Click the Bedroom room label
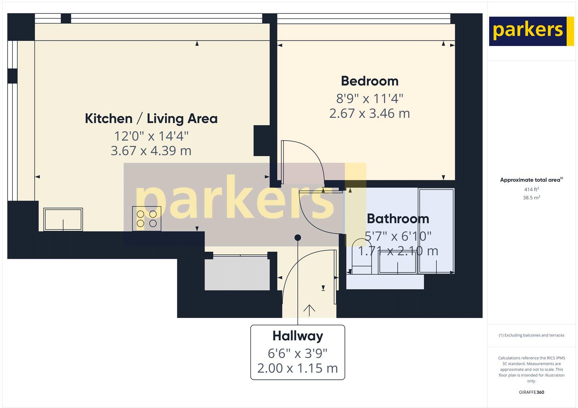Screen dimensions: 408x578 tap(370, 81)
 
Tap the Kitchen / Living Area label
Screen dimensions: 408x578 tap(151, 119)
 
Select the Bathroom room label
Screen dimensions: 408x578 tap(398, 219)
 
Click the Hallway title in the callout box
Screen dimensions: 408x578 tap(298, 336)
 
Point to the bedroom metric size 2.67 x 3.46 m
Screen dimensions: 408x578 tap(370, 114)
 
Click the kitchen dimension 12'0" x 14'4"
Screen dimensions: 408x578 tap(151, 136)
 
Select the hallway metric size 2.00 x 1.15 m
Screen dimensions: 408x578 tap(298, 368)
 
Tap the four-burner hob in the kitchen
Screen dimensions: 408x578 tap(147, 218)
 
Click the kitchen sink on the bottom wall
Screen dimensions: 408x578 tap(63, 219)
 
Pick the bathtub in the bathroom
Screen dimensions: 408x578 tap(436, 230)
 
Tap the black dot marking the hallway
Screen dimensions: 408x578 tap(298, 238)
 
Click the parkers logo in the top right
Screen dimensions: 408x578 tap(531, 31)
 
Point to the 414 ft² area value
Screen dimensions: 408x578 tap(531, 189)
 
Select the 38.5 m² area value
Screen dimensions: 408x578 tap(531, 198)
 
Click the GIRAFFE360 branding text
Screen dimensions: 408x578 tap(531, 392)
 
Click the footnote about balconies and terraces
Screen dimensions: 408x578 tap(531, 335)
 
